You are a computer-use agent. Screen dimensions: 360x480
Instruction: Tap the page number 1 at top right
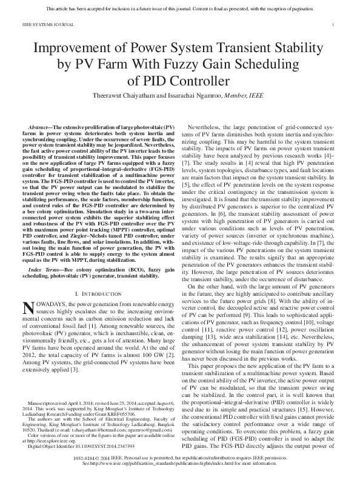click(x=335, y=24)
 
